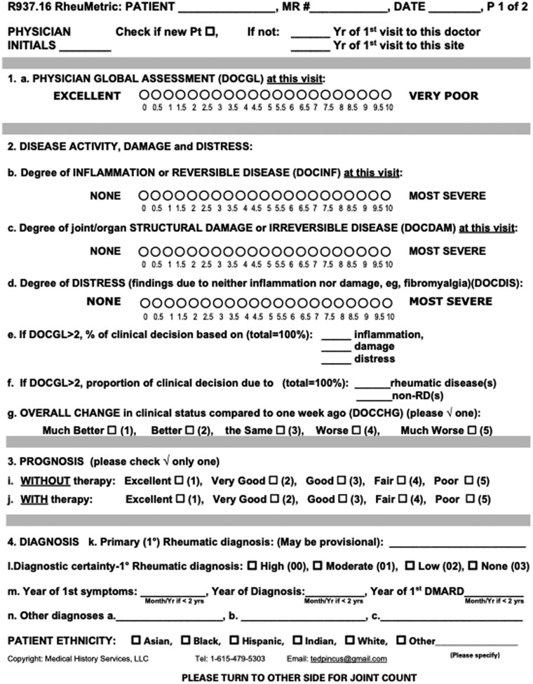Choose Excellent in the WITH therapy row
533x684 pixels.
coord(179,500)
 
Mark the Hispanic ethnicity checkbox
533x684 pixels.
coord(236,641)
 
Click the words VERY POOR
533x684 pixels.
coord(443,96)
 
